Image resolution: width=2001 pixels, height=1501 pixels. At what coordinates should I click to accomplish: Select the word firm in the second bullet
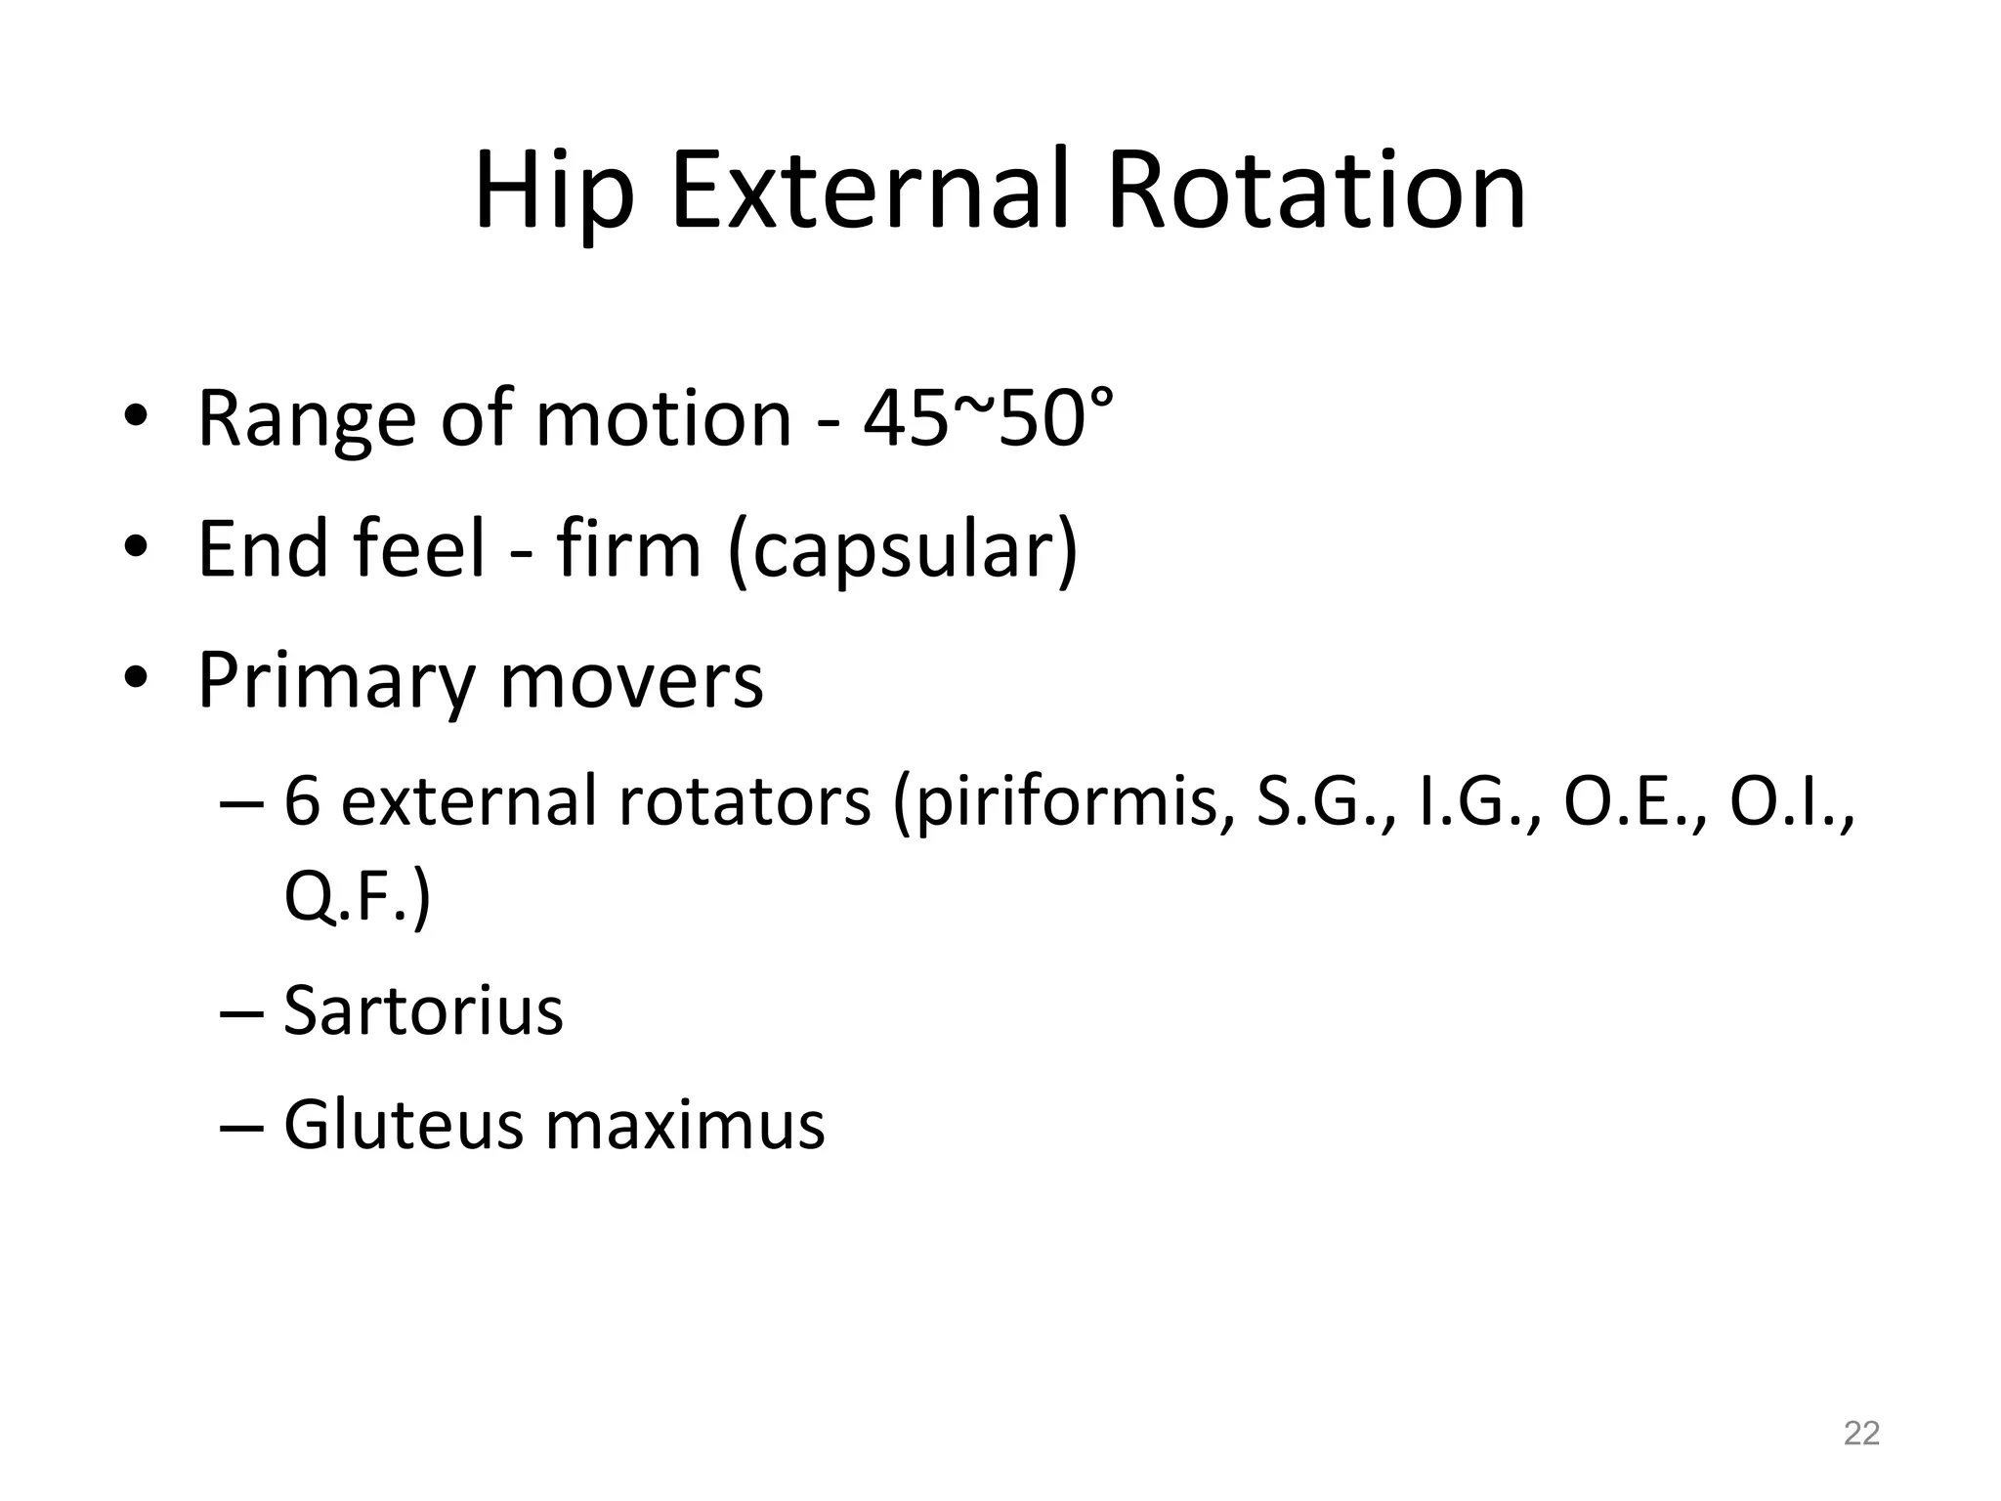(628, 549)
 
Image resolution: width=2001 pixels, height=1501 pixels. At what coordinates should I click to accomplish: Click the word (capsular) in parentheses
(903, 551)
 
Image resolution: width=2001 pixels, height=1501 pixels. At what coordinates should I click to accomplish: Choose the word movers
(631, 681)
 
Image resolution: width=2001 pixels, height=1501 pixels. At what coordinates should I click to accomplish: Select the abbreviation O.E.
(1628, 801)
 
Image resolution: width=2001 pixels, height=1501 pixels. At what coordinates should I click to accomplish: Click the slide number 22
(1861, 1433)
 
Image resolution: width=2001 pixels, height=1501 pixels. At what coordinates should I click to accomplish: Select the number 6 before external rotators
(302, 801)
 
